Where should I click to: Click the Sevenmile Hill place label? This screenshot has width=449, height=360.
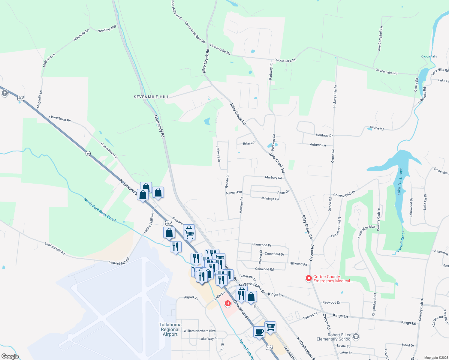coord(151,97)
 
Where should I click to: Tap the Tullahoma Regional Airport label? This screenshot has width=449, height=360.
coord(170,329)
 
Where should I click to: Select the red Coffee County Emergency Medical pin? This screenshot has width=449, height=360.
coord(309,278)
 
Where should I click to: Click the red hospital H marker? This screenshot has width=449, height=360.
coord(228,303)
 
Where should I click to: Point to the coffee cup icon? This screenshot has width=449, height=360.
coord(259,332)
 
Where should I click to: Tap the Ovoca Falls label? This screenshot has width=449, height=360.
coord(429,56)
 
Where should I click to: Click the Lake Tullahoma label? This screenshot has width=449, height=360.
coord(400,181)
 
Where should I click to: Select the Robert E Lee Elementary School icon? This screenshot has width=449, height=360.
coord(356,336)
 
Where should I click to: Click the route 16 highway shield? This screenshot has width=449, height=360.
coord(88,153)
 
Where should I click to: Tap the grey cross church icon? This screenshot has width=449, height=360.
coord(5,93)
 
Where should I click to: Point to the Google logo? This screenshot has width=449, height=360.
coord(10,356)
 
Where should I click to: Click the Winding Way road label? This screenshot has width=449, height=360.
coord(107,29)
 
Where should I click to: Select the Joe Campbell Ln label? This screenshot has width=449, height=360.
coord(380,38)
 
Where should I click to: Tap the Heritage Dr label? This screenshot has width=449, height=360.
coord(324,135)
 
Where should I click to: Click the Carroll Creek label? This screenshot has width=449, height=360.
coord(401,241)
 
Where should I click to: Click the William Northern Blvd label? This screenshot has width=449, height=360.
coord(200,331)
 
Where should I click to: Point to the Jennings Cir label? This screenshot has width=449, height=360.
coord(270,199)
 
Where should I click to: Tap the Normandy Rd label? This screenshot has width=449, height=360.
coord(159,126)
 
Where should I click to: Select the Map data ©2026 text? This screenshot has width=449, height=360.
coord(435,358)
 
